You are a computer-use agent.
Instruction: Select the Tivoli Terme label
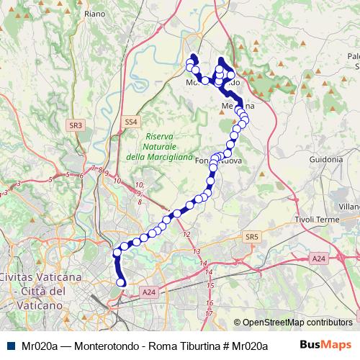pyautogui.click(x=317, y=219)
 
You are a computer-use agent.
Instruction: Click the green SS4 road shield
pyautogui.click(x=130, y=122)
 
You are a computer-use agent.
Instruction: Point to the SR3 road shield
pyautogui.click(x=76, y=125)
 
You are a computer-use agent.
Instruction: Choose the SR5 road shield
pyautogui.click(x=251, y=236)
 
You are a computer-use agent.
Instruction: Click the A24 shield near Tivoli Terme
pyautogui.click(x=319, y=258)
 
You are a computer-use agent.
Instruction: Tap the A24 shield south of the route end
pyautogui.click(x=148, y=292)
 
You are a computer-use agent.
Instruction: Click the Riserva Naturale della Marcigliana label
pyautogui.click(x=158, y=146)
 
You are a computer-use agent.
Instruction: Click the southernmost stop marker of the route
pyautogui.click(x=121, y=283)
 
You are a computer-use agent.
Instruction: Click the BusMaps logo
pyautogui.click(x=330, y=346)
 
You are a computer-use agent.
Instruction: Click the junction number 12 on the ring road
pyautogui.click(x=186, y=235)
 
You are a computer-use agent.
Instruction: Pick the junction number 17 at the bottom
pyautogui.click(x=208, y=314)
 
